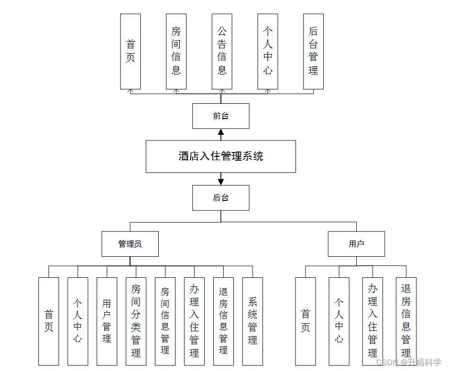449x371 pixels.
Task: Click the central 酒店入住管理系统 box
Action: pos(220,156)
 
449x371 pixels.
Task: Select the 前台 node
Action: pos(220,116)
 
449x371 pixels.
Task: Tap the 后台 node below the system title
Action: pos(220,198)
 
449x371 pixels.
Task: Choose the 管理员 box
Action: pos(130,244)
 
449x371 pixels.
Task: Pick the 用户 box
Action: pos(356,244)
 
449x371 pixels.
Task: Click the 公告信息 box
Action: pos(222,51)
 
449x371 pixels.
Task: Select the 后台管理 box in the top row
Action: pos(313,51)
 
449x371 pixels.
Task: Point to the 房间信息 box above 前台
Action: pos(176,51)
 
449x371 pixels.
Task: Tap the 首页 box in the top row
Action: pos(130,51)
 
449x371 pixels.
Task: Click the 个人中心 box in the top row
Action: pos(268,51)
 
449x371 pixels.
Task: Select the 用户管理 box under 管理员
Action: pos(107,321)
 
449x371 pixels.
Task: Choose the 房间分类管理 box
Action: pos(136,321)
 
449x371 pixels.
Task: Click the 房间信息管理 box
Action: pos(165,321)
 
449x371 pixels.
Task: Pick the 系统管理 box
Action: pos(252,321)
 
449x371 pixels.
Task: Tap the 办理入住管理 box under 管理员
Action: pos(194,321)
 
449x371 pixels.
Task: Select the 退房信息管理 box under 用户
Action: pos(406,321)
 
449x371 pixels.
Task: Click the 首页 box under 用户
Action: pos(305,321)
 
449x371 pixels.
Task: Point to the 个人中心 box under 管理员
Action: pos(77,321)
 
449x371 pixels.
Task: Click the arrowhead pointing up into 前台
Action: pos(221,131)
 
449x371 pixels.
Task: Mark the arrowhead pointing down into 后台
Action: pos(221,182)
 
